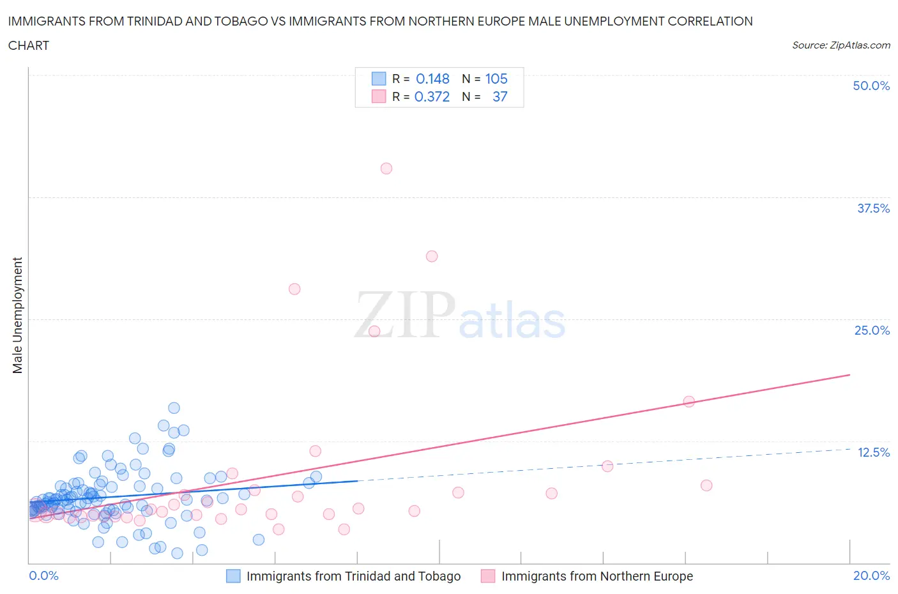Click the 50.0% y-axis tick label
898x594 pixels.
[x=871, y=86]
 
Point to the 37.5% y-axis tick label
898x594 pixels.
[x=873, y=208]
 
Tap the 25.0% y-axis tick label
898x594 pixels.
[x=872, y=330]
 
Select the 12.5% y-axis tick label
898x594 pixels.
[x=873, y=452]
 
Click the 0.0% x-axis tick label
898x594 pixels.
[x=43, y=575]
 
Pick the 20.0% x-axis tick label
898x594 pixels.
[x=871, y=575]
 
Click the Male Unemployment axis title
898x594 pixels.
[x=17, y=315]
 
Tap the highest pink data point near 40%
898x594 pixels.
[x=386, y=169]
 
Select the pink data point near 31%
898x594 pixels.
[x=432, y=256]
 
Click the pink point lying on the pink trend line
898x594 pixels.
[x=689, y=402]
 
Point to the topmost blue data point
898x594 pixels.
[x=174, y=408]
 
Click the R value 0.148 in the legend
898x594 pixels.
[x=432, y=79]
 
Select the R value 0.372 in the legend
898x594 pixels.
[x=432, y=96]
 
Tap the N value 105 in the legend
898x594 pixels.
[x=496, y=79]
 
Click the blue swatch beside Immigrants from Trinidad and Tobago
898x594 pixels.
[x=234, y=576]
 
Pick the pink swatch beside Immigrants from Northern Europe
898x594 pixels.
[x=488, y=576]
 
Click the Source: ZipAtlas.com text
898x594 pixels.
[x=841, y=45]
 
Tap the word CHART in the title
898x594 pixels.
[x=29, y=45]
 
